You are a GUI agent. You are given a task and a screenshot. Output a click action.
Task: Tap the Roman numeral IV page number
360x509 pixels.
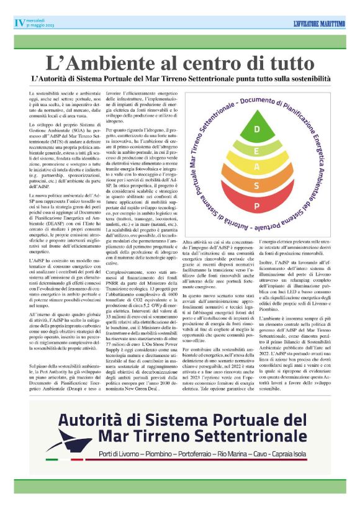pyautogui.click(x=19, y=23)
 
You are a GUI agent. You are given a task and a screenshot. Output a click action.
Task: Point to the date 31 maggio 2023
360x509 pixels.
pyautogui.click(x=40, y=26)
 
